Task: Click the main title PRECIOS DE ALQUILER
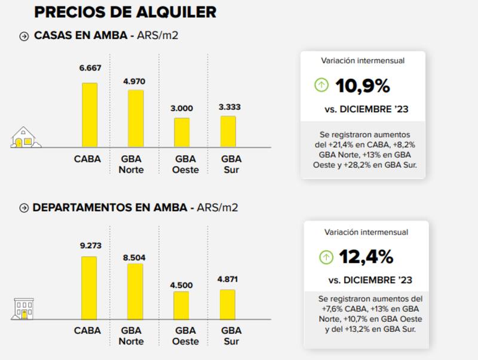click(x=125, y=12)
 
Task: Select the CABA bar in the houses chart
click(x=90, y=115)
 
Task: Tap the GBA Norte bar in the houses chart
click(x=136, y=119)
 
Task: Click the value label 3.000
click(x=182, y=109)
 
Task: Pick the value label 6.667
click(x=90, y=68)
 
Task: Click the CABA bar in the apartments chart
click(x=89, y=288)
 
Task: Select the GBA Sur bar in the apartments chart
click(x=228, y=305)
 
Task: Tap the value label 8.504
click(x=134, y=257)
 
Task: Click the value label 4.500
click(x=181, y=285)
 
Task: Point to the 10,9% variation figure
click(x=362, y=86)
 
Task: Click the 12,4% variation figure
click(x=366, y=257)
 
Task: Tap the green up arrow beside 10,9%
click(x=321, y=85)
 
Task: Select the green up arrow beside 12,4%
click(x=326, y=257)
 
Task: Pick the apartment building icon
click(x=24, y=309)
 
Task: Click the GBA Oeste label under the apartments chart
click(x=185, y=336)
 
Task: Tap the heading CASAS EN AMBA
click(x=80, y=36)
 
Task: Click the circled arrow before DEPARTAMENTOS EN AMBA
click(x=24, y=208)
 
